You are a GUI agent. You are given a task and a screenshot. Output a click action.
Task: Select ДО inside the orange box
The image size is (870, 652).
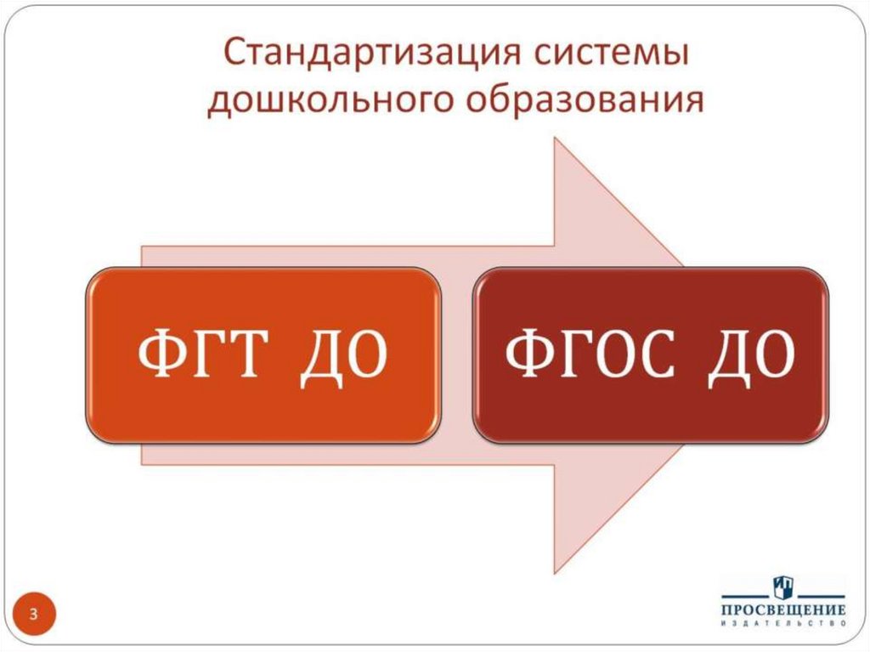pyautogui.click(x=342, y=356)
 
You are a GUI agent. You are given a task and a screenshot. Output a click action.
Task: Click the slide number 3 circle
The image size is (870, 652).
pyautogui.click(x=34, y=614)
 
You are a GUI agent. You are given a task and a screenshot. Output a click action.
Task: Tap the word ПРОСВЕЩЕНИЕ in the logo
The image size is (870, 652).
pyautogui.click(x=782, y=611)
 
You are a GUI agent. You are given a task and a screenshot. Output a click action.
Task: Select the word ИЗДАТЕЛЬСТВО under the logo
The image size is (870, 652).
pyautogui.click(x=782, y=625)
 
